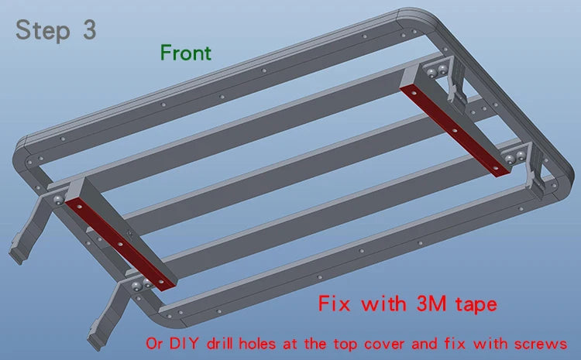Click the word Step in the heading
[x=43, y=30]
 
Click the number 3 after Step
[x=90, y=29]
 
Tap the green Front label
[x=186, y=53]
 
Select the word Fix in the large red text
[x=334, y=303]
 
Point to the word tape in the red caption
[x=476, y=305]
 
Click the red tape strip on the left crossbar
[x=119, y=244]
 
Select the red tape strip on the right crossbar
[x=456, y=130]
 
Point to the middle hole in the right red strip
[x=454, y=130]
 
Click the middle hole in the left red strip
[x=119, y=245]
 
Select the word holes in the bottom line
[x=257, y=343]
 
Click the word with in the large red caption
[x=383, y=303]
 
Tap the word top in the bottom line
[x=346, y=345]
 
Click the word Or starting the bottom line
[x=154, y=344]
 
